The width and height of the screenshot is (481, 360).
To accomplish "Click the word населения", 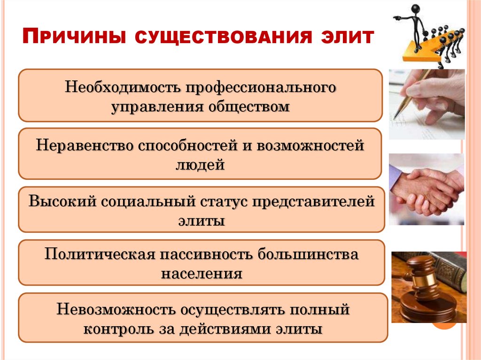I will [202, 273].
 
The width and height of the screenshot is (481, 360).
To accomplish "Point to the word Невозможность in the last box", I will [115, 310].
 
